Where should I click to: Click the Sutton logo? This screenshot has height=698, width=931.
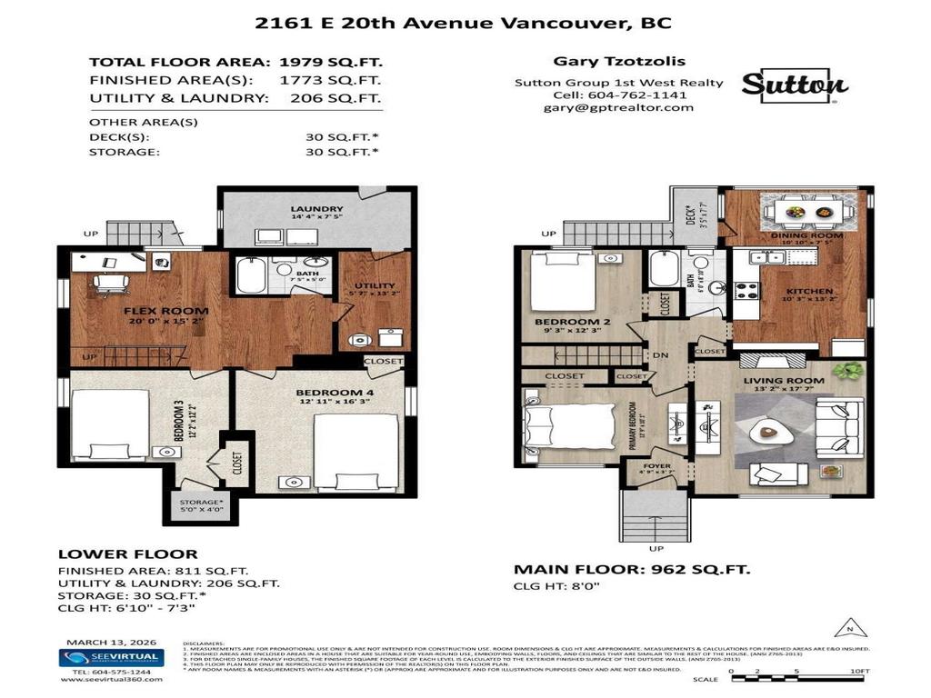click(795, 85)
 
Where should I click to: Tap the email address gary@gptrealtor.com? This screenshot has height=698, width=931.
click(618, 107)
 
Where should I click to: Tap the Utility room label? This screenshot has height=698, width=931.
click(369, 287)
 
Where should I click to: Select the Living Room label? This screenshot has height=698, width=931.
click(783, 380)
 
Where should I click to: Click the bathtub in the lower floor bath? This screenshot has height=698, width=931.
click(251, 274)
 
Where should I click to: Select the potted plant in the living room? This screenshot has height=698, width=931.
click(851, 371)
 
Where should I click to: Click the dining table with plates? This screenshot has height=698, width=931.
click(808, 212)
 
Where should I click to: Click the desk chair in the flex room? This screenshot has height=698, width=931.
click(109, 282)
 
